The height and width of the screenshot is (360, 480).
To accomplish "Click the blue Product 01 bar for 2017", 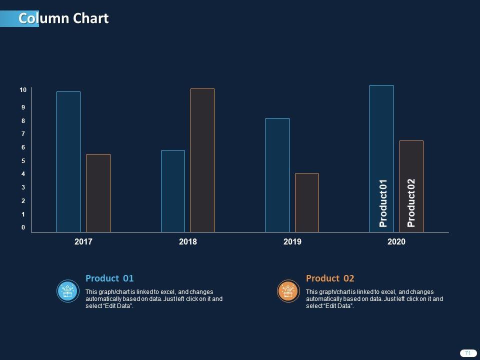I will point(68,161).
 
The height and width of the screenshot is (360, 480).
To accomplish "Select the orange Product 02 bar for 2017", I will point(98,193).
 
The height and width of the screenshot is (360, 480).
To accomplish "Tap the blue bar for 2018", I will point(172,191).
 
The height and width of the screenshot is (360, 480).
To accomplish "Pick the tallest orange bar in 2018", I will point(202,160).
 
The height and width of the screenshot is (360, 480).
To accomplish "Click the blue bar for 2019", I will point(277,175).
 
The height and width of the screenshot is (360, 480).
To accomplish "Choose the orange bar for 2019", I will point(306,202).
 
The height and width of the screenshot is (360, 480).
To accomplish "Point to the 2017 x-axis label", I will point(83,242).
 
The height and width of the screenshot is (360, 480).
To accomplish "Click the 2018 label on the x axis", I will point(188,242).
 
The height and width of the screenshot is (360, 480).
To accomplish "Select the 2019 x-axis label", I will point(292,242).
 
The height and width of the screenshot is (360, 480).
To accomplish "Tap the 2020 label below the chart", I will point(396,242).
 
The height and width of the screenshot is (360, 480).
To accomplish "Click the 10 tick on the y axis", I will point(23,90).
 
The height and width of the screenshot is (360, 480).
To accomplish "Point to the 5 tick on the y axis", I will point(23,161).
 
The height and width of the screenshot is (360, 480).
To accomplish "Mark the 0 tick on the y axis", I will point(23,227).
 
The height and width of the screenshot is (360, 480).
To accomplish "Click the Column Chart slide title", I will point(63,18).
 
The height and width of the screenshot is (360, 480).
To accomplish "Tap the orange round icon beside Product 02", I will point(287,291).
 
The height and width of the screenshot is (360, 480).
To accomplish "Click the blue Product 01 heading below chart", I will point(109,278).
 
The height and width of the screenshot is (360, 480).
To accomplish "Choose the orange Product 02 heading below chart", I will point(330,278).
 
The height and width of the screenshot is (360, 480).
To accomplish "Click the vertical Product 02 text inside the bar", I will point(411,203).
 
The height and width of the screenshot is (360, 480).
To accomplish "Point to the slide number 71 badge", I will point(467,353).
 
